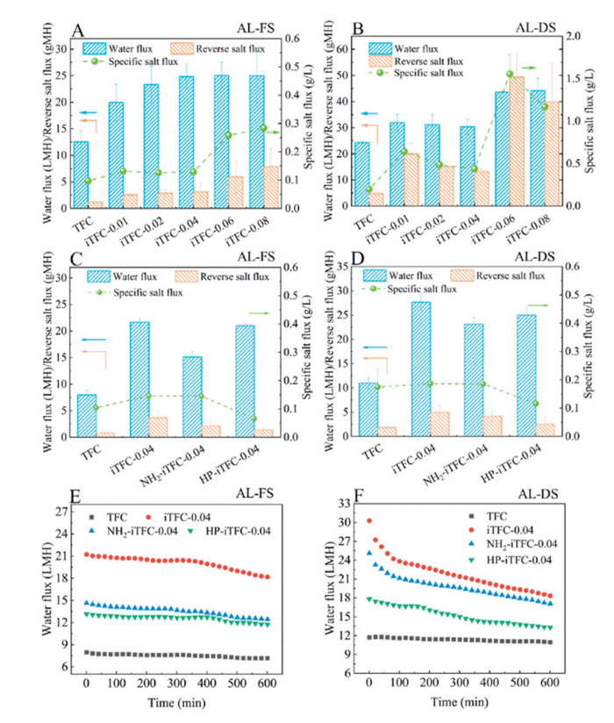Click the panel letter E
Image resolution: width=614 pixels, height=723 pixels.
click(76, 497)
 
